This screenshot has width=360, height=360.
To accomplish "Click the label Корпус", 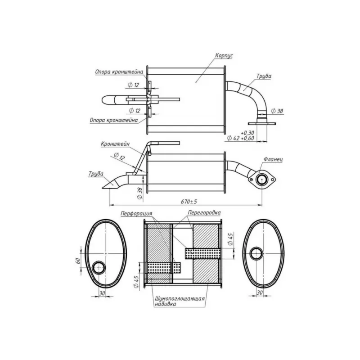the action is (224, 56).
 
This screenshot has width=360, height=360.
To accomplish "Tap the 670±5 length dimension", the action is (189, 202).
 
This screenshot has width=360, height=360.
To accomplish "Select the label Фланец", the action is (273, 159).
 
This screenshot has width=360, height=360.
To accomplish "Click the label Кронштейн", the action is (115, 144).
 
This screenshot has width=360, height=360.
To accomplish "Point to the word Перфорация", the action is (136, 213).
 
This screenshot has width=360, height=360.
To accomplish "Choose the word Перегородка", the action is (204, 212).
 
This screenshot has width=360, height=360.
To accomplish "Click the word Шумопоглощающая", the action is (180, 299).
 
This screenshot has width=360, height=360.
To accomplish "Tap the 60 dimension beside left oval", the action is (78, 261).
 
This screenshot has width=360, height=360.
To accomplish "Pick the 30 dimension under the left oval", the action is (102, 293).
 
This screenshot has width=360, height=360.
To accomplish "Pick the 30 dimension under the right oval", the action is (260, 293).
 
